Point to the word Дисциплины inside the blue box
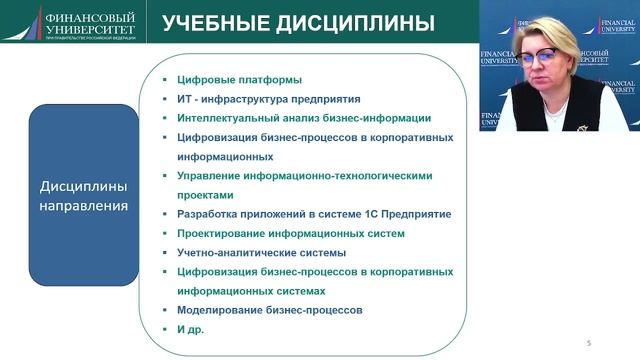coord(83,187)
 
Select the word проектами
coord(204,195)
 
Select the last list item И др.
coord(189,329)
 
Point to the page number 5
coord(589,343)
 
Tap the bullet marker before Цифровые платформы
coord(167,80)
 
